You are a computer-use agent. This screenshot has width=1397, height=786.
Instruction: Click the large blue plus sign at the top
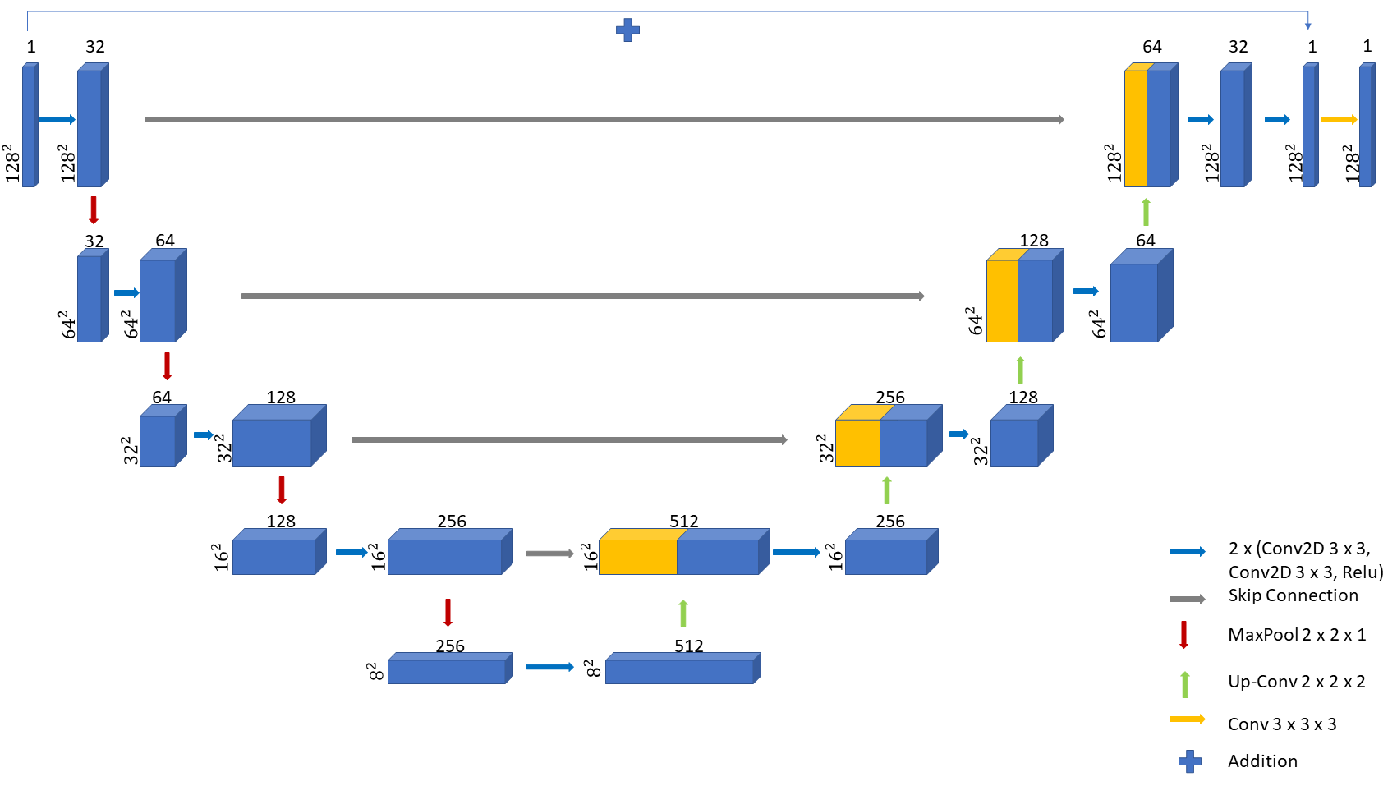(627, 30)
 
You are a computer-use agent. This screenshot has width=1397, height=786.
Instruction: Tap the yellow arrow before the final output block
(1339, 120)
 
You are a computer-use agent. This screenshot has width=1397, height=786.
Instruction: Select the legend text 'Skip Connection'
(1293, 595)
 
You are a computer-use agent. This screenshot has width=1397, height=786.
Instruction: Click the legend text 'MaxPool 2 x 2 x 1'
(1297, 635)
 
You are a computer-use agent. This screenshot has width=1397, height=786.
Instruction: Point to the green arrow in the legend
(1184, 684)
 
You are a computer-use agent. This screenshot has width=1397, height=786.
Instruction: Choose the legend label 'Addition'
(1262, 761)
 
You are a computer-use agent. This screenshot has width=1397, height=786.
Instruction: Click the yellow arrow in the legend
(1187, 719)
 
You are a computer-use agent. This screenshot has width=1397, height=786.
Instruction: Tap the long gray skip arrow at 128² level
(604, 120)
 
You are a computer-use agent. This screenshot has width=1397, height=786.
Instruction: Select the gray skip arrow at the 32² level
(569, 440)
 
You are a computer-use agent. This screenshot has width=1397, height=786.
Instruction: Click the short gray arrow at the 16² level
(549, 554)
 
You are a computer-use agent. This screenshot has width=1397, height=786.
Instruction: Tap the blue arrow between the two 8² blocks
(549, 667)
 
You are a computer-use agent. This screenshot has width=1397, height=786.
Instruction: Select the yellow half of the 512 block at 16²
(637, 556)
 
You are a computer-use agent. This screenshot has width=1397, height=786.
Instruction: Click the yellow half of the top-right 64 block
(1135, 128)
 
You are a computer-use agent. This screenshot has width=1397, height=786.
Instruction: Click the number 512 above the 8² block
(688, 646)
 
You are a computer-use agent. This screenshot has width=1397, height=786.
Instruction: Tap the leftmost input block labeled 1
(29, 127)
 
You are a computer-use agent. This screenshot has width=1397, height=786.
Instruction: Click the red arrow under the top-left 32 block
(94, 210)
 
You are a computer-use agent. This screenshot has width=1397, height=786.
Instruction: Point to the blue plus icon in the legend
(1189, 762)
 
